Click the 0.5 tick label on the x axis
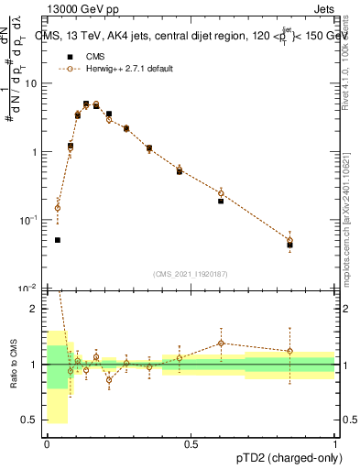click(x=191, y=444)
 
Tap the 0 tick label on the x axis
click(x=47, y=444)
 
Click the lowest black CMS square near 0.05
click(x=58, y=240)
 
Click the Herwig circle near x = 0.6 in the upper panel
click(x=221, y=193)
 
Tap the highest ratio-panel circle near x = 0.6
click(x=221, y=344)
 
